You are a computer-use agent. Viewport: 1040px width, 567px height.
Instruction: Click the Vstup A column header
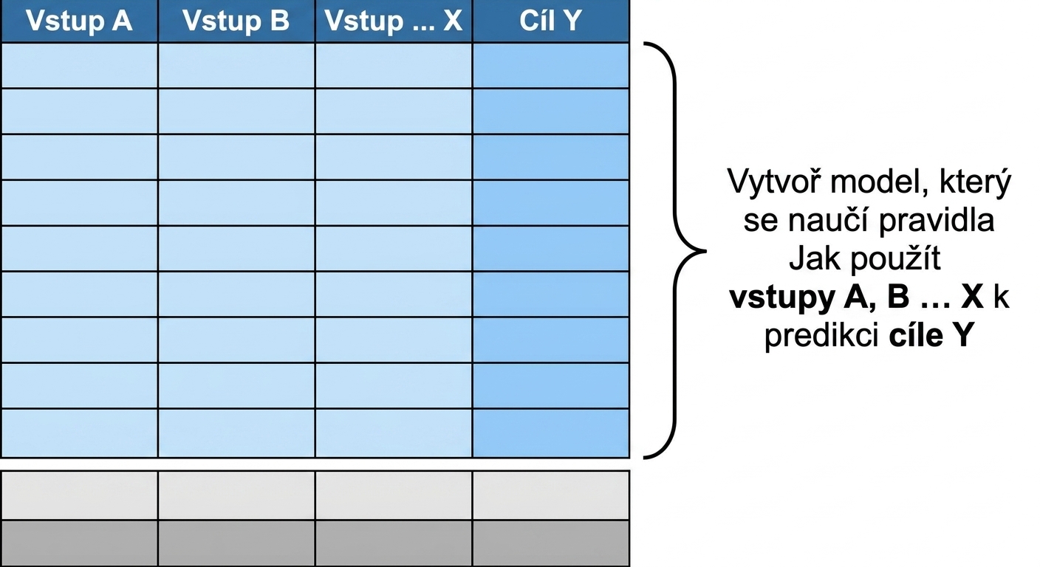(79, 21)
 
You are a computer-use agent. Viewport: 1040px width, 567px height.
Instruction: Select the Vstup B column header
(236, 21)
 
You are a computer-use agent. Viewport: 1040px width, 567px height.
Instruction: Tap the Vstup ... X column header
(394, 21)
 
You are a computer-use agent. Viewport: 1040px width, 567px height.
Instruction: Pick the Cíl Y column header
(550, 21)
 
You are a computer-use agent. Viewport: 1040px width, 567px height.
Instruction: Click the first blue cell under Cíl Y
(551, 66)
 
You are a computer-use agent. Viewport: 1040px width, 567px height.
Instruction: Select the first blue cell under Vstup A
(79, 66)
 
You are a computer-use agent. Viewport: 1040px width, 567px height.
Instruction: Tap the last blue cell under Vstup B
(236, 433)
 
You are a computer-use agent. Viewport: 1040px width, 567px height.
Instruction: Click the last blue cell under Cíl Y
(551, 433)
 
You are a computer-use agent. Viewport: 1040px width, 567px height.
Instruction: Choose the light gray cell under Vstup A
(79, 495)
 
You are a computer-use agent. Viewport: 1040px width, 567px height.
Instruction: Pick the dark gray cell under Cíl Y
(551, 543)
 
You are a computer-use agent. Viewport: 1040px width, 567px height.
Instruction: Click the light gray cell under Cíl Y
(551, 495)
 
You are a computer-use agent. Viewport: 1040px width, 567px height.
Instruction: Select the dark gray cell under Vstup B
(236, 543)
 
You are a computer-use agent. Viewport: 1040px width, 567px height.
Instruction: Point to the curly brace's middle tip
(705, 251)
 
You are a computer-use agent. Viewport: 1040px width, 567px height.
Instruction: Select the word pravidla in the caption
(937, 221)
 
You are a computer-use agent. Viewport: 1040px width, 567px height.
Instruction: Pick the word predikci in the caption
(821, 336)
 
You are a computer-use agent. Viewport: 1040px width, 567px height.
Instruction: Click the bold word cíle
(916, 335)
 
